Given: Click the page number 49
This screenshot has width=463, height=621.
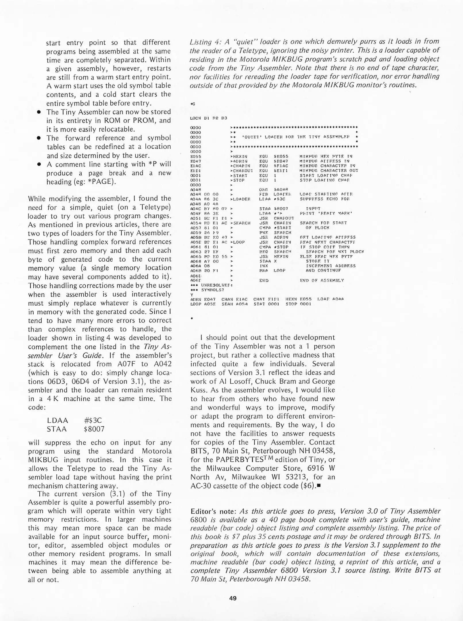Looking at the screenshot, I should point(233,598).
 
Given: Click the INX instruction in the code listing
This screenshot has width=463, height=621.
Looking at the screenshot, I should point(264,266).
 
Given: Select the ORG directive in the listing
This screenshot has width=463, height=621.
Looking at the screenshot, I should point(263,190).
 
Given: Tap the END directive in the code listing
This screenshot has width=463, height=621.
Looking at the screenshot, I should point(264,280).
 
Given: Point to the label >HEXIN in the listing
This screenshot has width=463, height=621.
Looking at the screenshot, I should point(239,156).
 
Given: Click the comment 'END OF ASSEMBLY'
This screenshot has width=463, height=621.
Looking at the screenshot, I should point(322,280).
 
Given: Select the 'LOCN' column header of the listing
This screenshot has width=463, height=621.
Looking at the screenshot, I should point(195,118).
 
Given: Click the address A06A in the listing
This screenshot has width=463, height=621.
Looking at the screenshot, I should point(195,266).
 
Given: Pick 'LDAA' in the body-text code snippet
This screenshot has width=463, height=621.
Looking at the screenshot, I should point(58,421).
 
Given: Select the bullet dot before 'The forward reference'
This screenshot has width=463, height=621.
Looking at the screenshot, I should point(38,138).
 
